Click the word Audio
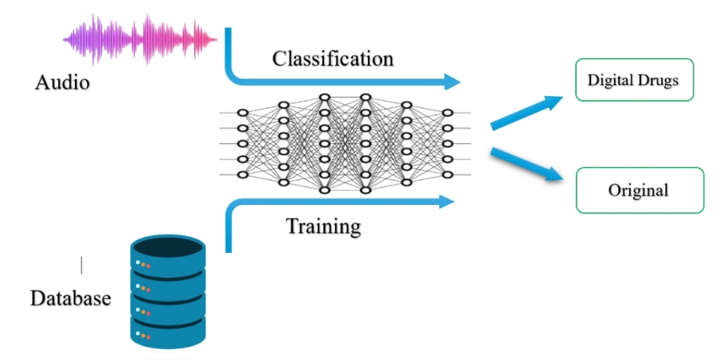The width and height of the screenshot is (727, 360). coord(62,83)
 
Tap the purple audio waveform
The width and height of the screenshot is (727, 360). coord(140,39)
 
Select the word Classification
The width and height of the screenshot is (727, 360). coord(332,59)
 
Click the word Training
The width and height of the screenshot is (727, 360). coord(324,226)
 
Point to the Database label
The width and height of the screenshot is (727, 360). coord(71,297)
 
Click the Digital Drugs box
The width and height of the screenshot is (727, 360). coord(634,80)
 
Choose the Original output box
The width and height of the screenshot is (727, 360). coord(640,191)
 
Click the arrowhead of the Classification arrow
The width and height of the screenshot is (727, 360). coord(452,81)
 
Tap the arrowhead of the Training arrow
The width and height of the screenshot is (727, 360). coord(446,201)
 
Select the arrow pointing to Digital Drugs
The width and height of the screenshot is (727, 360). coord(526,113)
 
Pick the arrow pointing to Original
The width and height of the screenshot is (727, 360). coord(526,164)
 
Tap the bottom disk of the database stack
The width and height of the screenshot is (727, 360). coord(167,332)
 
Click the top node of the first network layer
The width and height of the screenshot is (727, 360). coord(243,113)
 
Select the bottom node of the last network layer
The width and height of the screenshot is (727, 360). coord(447,175)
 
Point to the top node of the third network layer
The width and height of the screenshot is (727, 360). coord(324,97)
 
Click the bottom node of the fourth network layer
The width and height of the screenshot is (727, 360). coord(366,191)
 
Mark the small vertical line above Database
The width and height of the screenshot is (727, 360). coord(81,265)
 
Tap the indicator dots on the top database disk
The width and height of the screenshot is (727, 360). coord(143,264)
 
